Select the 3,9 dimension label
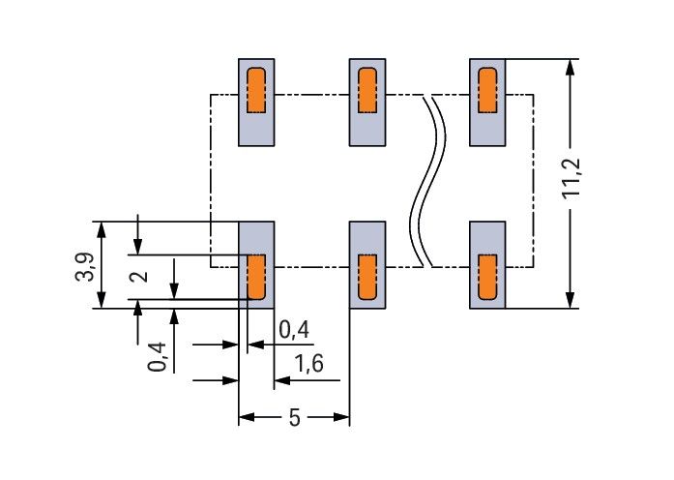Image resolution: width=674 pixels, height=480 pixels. pyautogui.click(x=84, y=266)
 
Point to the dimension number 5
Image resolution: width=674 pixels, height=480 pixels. pyautogui.click(x=294, y=418)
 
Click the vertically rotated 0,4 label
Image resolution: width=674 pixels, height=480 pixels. pyautogui.click(x=159, y=356)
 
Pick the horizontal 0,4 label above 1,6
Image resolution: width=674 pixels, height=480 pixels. pyautogui.click(x=294, y=330)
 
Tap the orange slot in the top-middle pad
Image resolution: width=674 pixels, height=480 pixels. pyautogui.click(x=366, y=90)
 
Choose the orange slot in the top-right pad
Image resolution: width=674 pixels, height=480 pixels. pyautogui.click(x=487, y=90)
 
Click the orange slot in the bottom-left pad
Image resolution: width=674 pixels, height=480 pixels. pyautogui.click(x=256, y=276)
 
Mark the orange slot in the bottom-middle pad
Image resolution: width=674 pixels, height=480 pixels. pyautogui.click(x=366, y=277)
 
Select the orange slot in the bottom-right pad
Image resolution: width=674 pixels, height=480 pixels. pyautogui.click(x=487, y=277)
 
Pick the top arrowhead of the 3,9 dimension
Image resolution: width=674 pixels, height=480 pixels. pyautogui.click(x=102, y=229)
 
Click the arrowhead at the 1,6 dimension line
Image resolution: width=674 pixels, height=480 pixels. pyautogui.click(x=280, y=380)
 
